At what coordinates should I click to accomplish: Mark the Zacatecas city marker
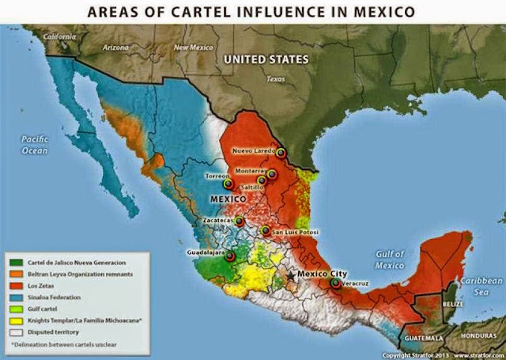[x=239, y=221]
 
